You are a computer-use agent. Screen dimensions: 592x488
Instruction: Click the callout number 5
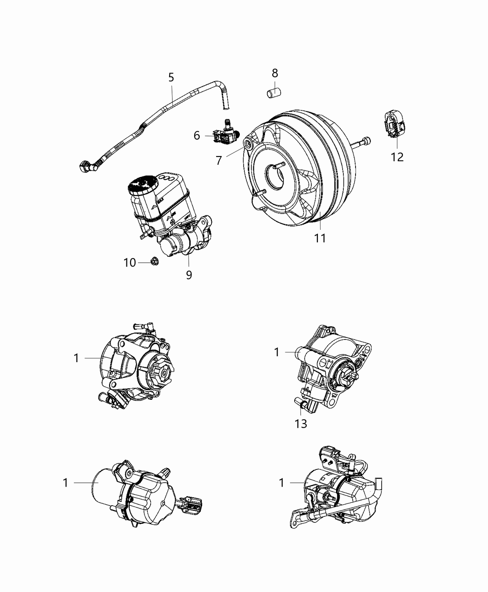pyautogui.click(x=171, y=78)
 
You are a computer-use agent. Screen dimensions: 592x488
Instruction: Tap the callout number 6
pyautogui.click(x=197, y=136)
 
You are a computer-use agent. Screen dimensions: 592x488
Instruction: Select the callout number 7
pyautogui.click(x=219, y=160)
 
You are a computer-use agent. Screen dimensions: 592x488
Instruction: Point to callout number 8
pyautogui.click(x=275, y=73)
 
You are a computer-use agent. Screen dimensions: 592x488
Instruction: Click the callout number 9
pyautogui.click(x=189, y=275)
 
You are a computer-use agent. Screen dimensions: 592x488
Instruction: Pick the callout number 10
pyautogui.click(x=130, y=263)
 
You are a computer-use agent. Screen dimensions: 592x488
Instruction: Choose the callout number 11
pyautogui.click(x=319, y=238)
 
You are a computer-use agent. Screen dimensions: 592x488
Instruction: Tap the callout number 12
pyautogui.click(x=397, y=157)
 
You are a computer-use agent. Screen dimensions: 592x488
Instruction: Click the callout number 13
pyautogui.click(x=301, y=423)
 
